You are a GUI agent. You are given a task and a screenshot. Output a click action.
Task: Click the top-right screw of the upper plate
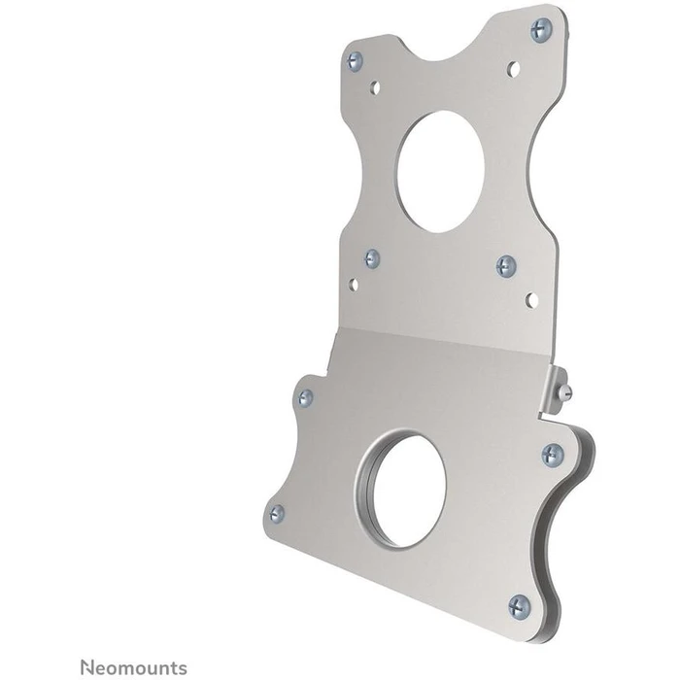coord(541,30)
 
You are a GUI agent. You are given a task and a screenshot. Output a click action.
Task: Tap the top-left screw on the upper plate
coord(356,61)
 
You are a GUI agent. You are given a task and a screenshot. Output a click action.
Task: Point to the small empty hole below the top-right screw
coord(514,68)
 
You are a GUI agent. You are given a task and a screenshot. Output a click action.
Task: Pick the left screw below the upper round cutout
coord(372,258)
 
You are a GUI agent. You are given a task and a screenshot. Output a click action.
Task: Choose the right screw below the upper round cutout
coord(506,266)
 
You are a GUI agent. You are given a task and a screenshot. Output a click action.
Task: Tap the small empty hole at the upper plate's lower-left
coord(354,284)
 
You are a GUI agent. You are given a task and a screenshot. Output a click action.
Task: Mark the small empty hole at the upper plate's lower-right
coord(530,299)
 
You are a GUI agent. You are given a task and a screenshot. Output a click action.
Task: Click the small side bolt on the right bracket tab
coord(567,391)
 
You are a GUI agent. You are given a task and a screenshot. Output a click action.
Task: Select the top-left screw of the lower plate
coord(305,397)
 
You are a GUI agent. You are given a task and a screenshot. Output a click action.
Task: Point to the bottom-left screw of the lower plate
coord(277,513)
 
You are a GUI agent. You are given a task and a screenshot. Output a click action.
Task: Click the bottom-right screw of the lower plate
coord(520,606)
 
